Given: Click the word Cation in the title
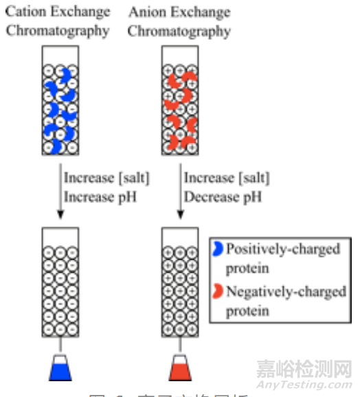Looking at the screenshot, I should [24, 12].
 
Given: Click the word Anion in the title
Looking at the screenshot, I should [145, 12].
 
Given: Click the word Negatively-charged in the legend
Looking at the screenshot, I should [286, 291].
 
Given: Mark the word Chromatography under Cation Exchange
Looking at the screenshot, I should [58, 31].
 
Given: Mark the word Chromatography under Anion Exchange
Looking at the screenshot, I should [179, 31].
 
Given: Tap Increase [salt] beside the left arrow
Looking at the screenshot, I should [106, 178].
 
